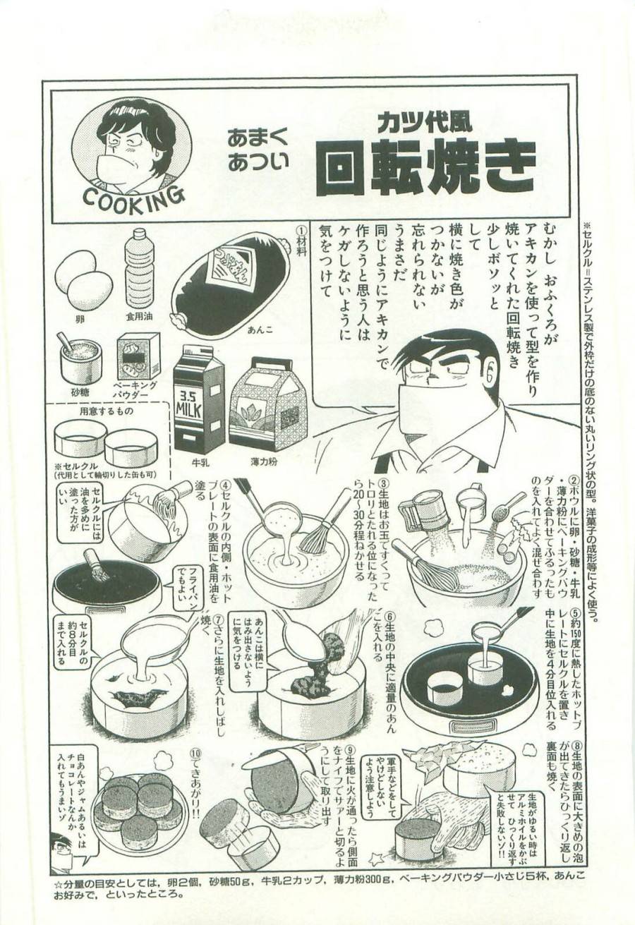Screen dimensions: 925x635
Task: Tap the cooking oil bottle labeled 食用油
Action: click(x=140, y=272)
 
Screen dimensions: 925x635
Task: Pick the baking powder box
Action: click(x=138, y=356)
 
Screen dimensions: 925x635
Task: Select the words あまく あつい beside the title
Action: click(x=257, y=150)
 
